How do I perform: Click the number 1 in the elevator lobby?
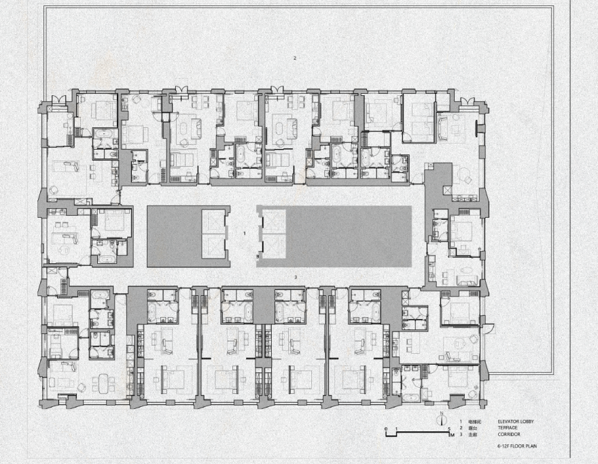(244, 233)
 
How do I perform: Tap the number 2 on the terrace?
(295, 59)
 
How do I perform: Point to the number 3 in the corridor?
(296, 278)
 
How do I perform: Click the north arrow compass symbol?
(442, 418)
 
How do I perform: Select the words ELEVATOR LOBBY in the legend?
(515, 422)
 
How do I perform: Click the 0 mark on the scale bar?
(385, 429)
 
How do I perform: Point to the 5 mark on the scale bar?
(449, 429)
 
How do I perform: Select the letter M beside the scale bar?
(452, 434)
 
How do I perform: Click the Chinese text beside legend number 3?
(471, 433)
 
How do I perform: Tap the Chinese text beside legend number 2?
(471, 427)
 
